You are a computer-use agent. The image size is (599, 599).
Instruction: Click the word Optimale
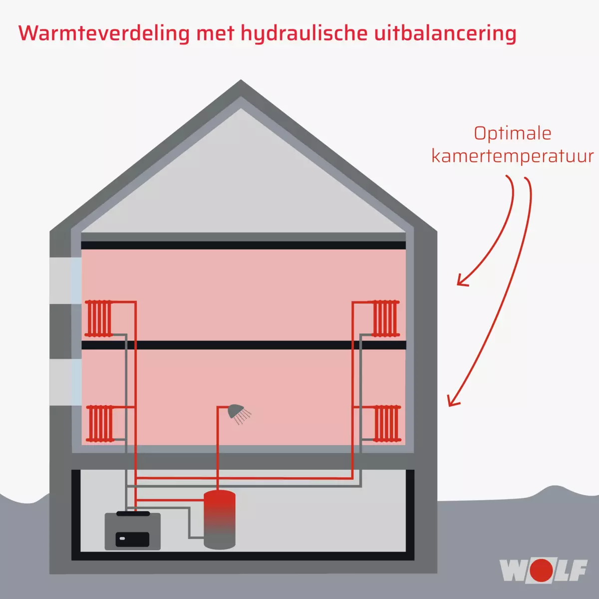point(512,134)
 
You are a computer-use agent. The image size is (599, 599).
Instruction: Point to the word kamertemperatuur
point(512,156)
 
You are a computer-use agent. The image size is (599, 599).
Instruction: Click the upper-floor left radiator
point(98,318)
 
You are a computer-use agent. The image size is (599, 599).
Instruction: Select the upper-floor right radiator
point(386,318)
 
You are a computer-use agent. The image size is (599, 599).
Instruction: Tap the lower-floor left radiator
point(100,424)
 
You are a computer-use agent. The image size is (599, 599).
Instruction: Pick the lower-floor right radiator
point(387,424)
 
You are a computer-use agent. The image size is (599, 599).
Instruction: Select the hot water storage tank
point(220,519)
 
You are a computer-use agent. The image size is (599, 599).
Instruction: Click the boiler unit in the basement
point(132,531)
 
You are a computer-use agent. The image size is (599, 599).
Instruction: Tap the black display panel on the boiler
point(132,539)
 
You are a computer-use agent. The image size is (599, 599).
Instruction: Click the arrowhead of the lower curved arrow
point(451,403)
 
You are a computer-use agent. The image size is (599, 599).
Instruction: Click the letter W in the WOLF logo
point(513,571)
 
